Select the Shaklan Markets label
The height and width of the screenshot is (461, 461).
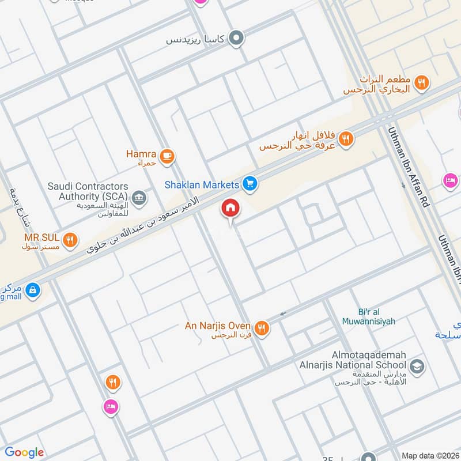(202, 185)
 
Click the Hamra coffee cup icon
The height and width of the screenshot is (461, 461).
(167, 156)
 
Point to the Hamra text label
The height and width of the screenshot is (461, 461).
(141, 154)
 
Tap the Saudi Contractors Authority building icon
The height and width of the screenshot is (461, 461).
(139, 198)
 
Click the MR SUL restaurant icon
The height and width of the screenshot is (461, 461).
(70, 240)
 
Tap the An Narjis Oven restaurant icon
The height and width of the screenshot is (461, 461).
(262, 328)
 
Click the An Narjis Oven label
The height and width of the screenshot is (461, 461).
(218, 326)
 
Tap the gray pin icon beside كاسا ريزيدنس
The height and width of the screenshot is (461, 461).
(236, 39)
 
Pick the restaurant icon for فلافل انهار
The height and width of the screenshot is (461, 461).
(346, 138)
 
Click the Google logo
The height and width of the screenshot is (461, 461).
(24, 452)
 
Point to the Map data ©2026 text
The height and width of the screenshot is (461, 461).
(430, 455)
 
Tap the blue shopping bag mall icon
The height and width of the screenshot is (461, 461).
(33, 289)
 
